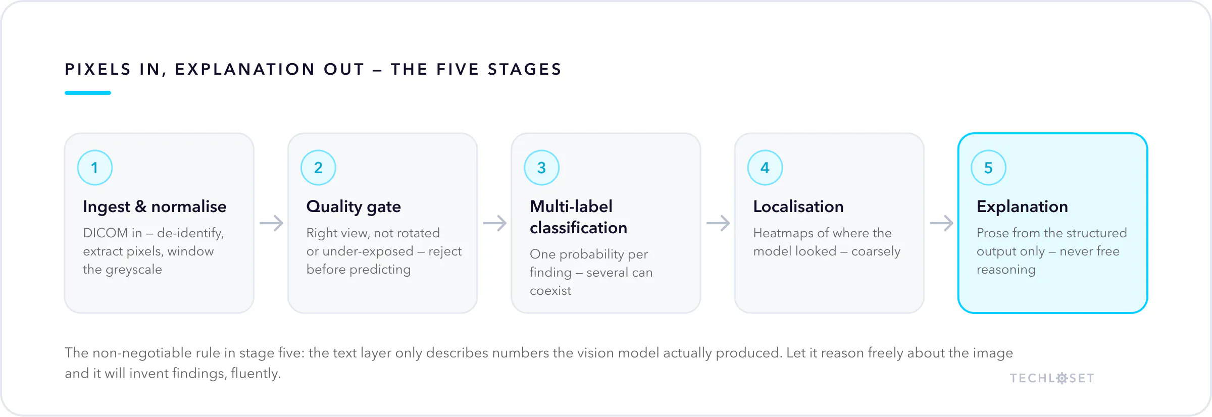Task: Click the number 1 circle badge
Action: [x=95, y=168]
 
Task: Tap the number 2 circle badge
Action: [x=318, y=168]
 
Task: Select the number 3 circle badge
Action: [x=542, y=168]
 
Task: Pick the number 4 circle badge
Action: [x=765, y=168]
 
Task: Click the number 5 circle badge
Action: [x=988, y=168]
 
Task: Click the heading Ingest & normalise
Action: [x=155, y=206]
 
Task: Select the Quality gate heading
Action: [x=353, y=206]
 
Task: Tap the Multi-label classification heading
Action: [x=578, y=217]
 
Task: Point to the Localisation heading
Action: [x=798, y=206]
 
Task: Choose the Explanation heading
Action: [x=1022, y=206]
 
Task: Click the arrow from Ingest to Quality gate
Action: [x=271, y=223]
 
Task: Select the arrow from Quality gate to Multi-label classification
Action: [x=494, y=223]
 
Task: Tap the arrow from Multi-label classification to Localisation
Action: [x=718, y=223]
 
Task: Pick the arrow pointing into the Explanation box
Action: [x=941, y=223]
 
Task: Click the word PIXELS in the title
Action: [x=98, y=69]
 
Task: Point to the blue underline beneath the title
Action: [x=88, y=93]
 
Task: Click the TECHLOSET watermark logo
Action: [x=1052, y=378]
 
